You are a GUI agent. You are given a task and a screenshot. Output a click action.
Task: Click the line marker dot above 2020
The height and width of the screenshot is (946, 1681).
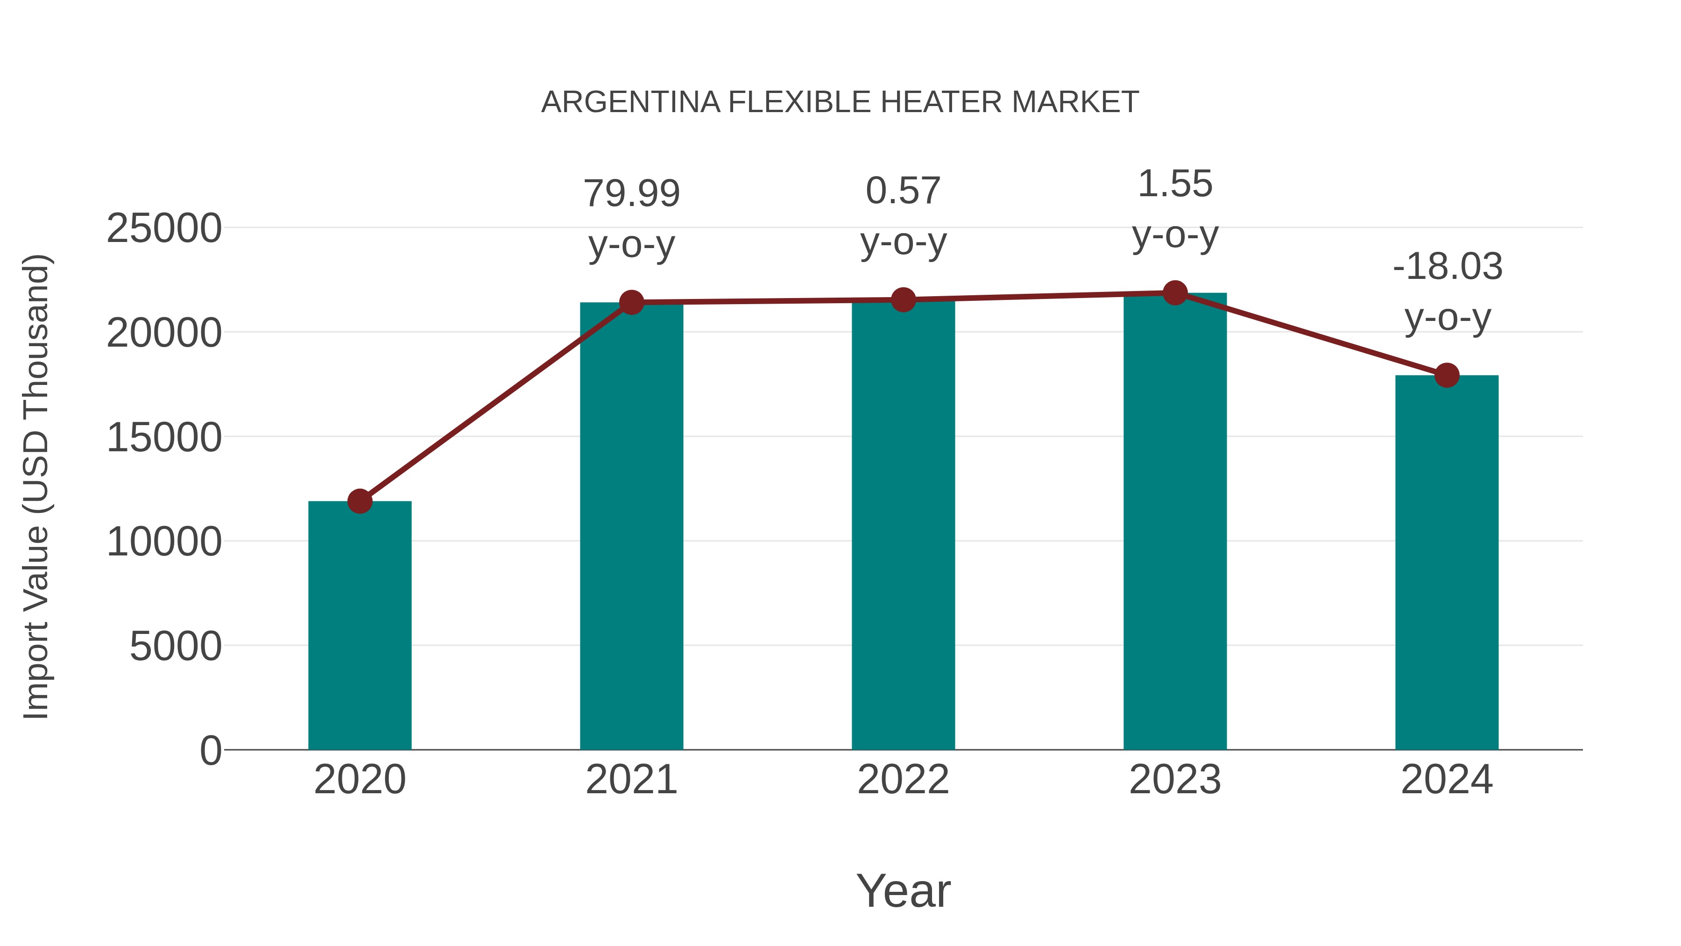(x=360, y=501)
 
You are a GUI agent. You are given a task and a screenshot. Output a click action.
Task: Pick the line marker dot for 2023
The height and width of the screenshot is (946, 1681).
(x=1175, y=293)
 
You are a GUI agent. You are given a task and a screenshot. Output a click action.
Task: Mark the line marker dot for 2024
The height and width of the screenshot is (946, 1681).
(x=1447, y=376)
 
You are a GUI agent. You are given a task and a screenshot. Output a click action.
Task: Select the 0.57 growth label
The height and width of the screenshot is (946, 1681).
(x=903, y=191)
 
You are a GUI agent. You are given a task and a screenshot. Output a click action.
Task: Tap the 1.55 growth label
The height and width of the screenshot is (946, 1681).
(x=1175, y=184)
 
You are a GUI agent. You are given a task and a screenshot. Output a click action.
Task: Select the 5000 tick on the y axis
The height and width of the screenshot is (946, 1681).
(x=176, y=647)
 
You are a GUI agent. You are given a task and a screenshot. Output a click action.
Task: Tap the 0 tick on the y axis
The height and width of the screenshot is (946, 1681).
(x=211, y=750)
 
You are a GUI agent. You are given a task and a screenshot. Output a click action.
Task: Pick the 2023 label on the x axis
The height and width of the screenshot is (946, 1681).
(x=1175, y=780)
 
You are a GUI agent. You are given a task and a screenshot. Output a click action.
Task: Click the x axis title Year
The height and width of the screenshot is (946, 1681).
(x=903, y=890)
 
